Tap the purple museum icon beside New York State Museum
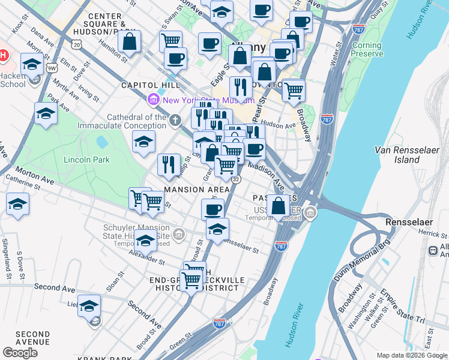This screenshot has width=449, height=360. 154,100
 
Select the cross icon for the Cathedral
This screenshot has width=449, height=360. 175,121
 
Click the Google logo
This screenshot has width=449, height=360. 20,353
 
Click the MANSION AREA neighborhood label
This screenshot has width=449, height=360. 193,190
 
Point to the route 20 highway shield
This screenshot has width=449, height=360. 76,44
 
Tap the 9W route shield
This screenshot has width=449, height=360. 52,60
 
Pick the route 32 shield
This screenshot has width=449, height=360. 235,179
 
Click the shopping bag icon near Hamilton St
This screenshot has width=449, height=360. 129,41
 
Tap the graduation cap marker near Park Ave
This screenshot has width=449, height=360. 46,113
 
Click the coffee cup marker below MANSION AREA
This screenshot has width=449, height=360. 212,209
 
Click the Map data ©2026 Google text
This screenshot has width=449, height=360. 411,355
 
